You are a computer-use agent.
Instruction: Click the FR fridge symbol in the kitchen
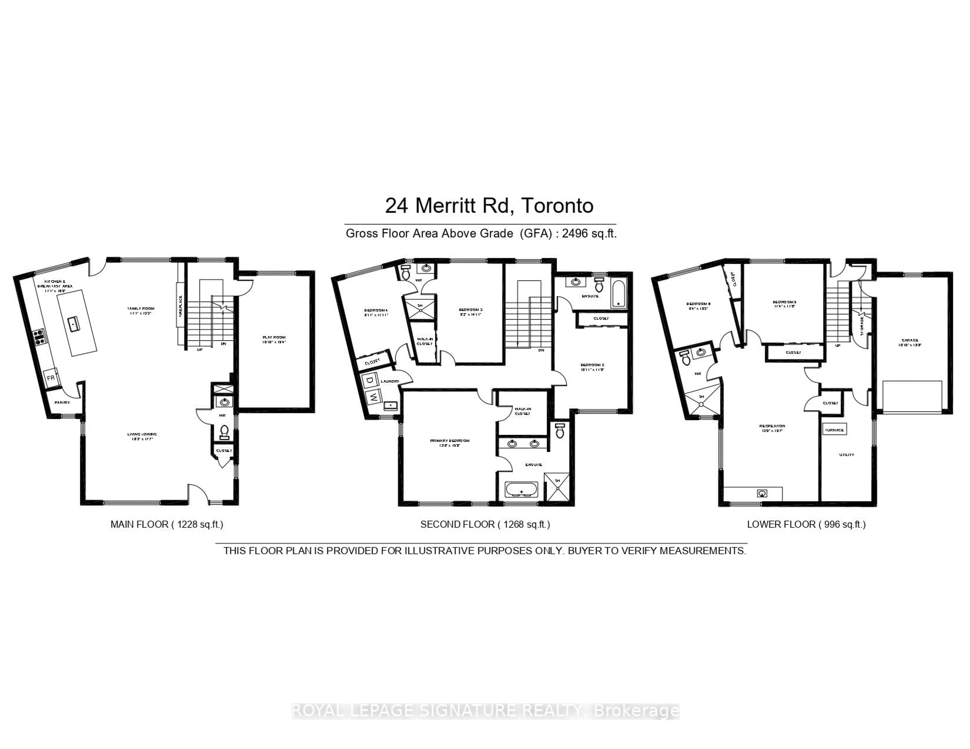tap(51, 378)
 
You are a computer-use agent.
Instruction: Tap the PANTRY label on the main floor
tap(62, 403)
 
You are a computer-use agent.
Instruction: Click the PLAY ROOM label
tap(274, 338)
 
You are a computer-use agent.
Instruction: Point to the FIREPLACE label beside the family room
tap(180, 306)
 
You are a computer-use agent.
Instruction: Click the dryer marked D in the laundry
tap(369, 380)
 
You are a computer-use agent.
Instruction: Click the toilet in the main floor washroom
tap(224, 431)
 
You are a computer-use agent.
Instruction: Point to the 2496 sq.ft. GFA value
tap(589, 234)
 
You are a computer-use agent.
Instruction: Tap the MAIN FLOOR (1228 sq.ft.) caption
tap(166, 524)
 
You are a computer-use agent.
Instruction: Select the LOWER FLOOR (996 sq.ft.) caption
tap(806, 524)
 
